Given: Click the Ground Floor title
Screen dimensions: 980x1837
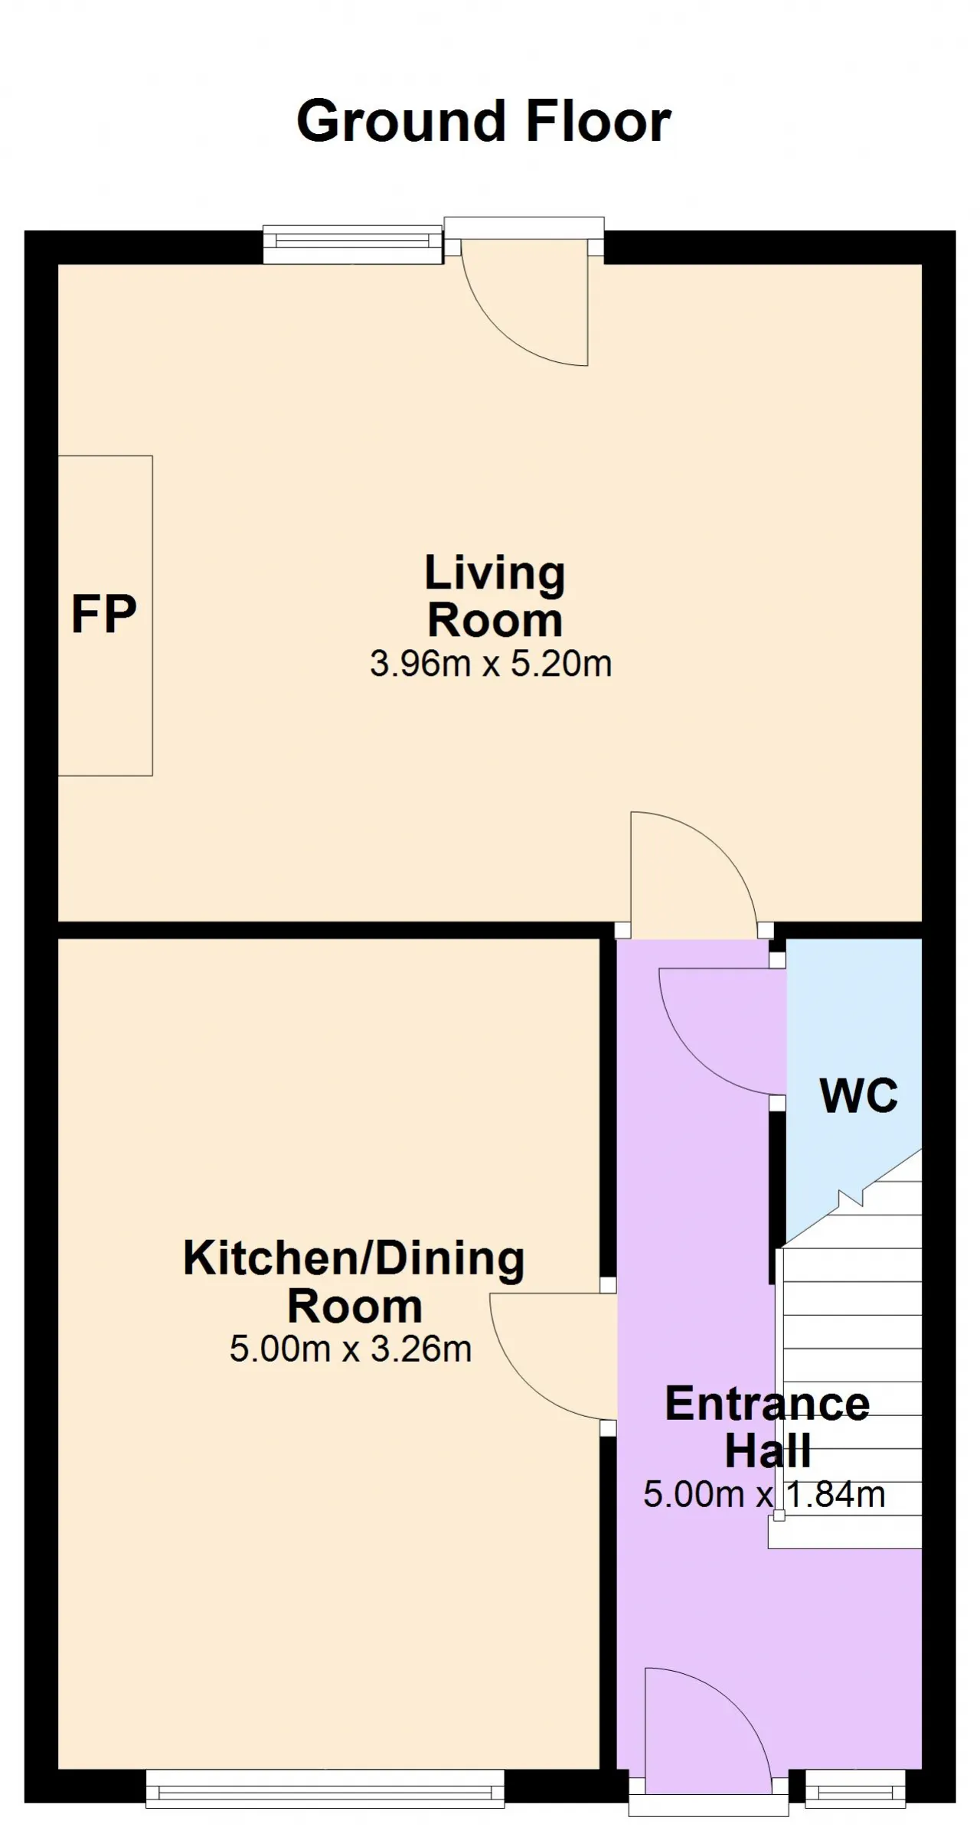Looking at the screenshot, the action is [x=484, y=122].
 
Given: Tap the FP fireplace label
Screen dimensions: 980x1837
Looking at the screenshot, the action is [x=104, y=614].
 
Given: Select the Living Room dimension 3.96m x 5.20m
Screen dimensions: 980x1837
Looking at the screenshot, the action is [x=491, y=664].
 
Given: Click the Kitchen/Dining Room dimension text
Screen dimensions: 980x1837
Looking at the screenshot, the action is [x=351, y=1348].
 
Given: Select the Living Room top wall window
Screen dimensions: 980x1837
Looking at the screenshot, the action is [x=353, y=244].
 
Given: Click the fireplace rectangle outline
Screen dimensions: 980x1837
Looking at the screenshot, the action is [x=152, y=615].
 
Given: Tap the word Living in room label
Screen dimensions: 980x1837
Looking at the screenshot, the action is [x=495, y=575].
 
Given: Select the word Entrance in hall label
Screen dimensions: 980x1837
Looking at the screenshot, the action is [x=767, y=1404].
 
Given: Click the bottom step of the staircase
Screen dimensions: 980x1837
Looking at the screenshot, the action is [x=845, y=1532].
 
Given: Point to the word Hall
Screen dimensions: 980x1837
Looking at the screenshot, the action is [x=768, y=1450].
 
